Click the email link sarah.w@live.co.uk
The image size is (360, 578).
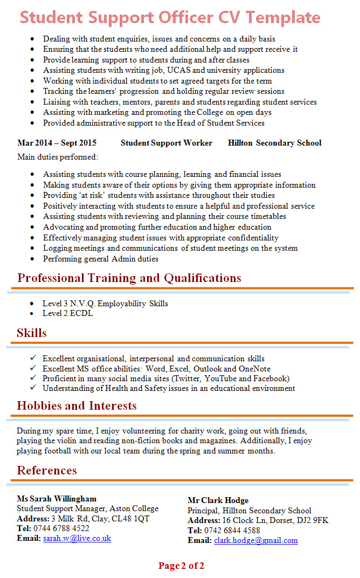coord(77,538)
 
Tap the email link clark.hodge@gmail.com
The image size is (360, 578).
coord(255,540)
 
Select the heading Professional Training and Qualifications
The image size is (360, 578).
coord(129,278)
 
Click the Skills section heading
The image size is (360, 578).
coord(32,333)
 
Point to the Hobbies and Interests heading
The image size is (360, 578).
coord(78,406)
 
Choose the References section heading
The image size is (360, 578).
coord(47,471)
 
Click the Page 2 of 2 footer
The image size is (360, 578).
coord(181,566)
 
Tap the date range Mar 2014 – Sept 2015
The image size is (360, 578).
coord(57,143)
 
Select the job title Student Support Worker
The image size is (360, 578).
coord(167,143)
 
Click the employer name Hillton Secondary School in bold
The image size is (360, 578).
coord(274,143)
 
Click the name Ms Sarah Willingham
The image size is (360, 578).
coord(57,499)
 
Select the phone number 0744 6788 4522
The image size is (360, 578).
coord(61,528)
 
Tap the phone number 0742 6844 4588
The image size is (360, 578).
coord(232,531)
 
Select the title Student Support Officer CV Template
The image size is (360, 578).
coord(170,17)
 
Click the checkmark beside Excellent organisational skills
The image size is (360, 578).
coord(33,358)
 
